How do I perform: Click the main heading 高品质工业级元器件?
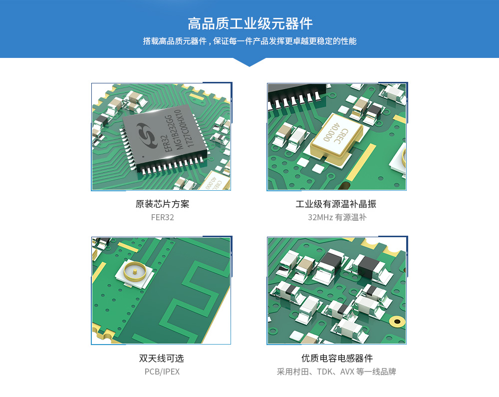pos(250,24)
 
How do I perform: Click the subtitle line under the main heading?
pos(250,41)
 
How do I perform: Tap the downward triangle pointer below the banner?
pos(249,62)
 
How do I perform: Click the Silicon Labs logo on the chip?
pos(147,136)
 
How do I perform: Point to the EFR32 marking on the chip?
pos(167,143)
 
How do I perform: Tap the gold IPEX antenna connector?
pos(135,272)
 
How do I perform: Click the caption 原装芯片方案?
pos(162,204)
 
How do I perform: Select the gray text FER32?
pos(162,217)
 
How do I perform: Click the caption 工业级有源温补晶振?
pos(336,204)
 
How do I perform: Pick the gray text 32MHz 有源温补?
pos(337,217)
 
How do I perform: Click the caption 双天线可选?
pos(162,358)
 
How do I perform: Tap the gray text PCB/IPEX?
pos(162,372)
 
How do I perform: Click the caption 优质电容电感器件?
pos(337,358)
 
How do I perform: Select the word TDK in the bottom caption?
pos(325,372)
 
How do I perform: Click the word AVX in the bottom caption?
pos(347,372)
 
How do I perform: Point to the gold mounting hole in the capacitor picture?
pos(397,321)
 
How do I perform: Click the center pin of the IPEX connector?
pos(135,272)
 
